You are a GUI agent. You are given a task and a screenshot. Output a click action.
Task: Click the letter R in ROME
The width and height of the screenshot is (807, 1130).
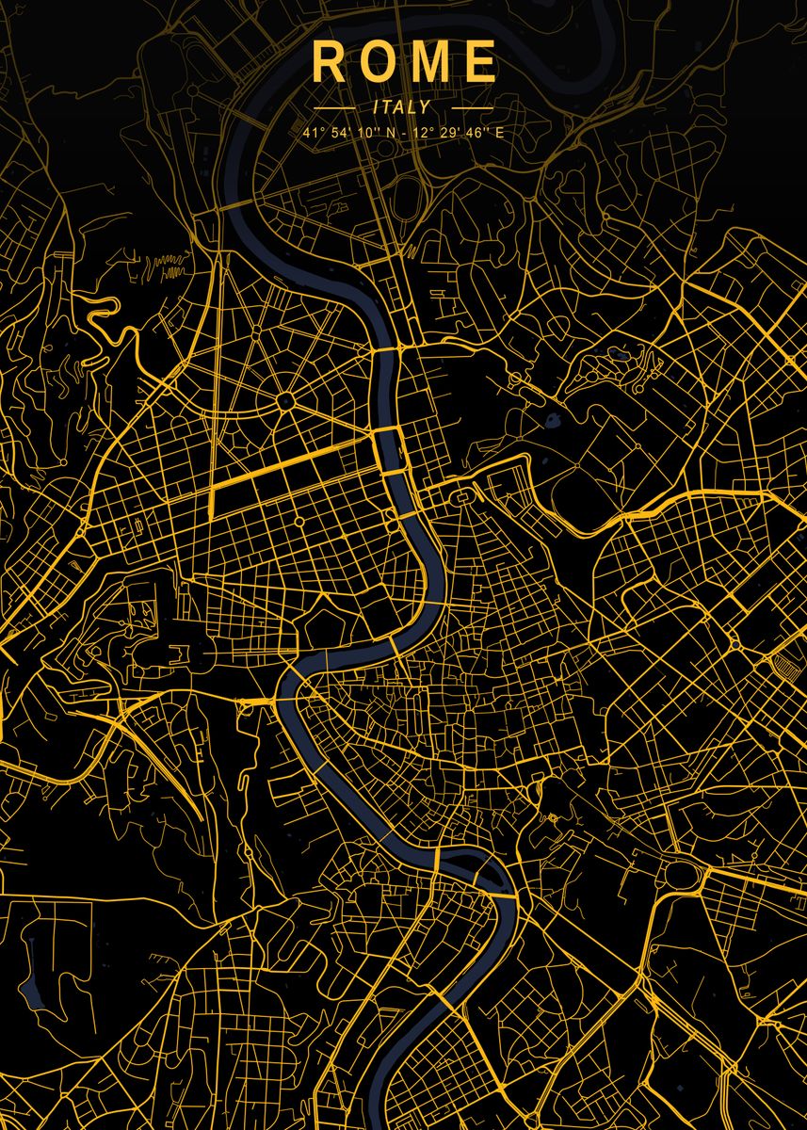coord(329,62)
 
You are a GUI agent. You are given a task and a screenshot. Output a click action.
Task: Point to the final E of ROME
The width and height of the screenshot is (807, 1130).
coord(480,62)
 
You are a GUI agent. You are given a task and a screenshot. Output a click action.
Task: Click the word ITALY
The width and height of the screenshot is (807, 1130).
coord(402,107)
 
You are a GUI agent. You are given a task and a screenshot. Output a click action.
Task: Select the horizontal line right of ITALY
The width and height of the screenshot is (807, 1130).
coord(465,108)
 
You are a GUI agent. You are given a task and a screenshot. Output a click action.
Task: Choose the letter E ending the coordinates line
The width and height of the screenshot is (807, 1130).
coord(499,133)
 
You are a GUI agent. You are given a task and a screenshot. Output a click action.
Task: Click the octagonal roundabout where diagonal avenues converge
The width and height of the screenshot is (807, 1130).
coord(285,402)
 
